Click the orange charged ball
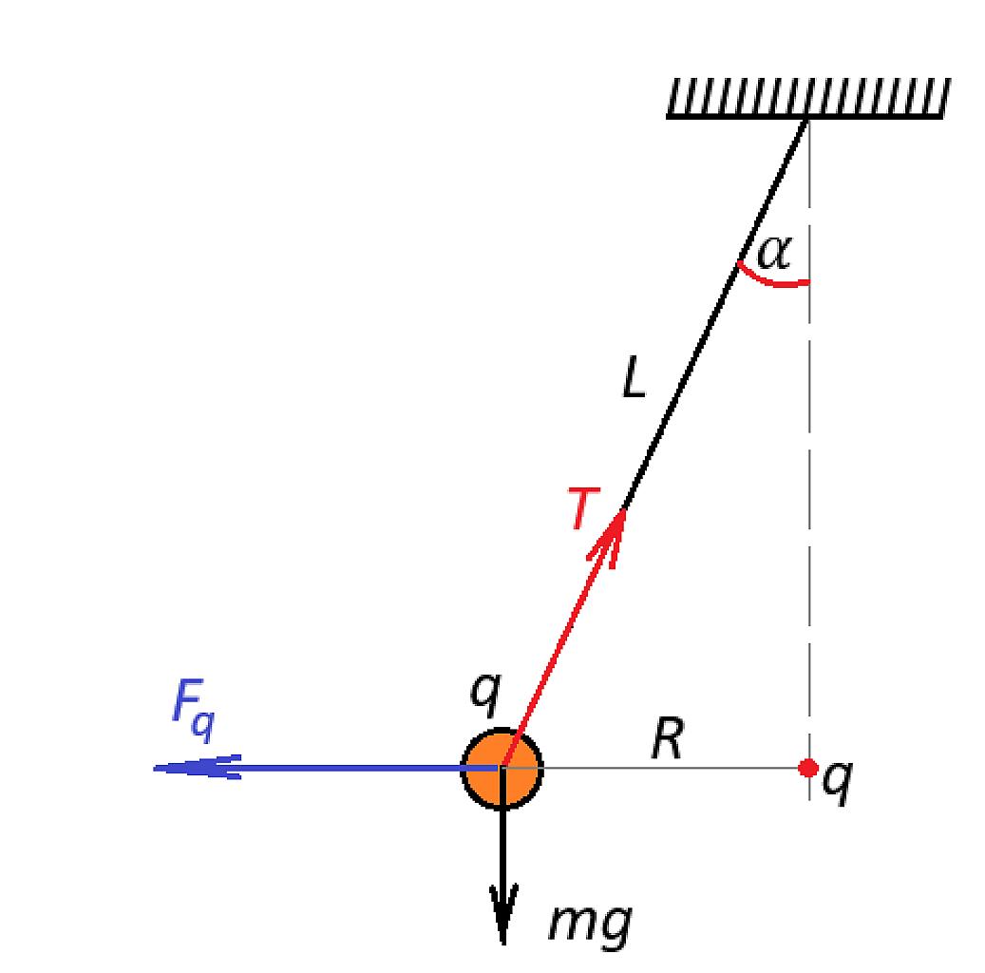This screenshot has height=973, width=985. point(502,768)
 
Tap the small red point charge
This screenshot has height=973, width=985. point(807,768)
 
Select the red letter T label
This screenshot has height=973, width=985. point(583,507)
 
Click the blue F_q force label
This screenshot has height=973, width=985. point(194,710)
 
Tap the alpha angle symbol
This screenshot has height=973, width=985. point(775,253)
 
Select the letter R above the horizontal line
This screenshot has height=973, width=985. point(667,738)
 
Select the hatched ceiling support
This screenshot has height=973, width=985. point(808,98)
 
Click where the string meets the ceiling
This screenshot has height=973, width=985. point(807,119)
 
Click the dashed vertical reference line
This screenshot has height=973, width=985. point(809,459)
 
